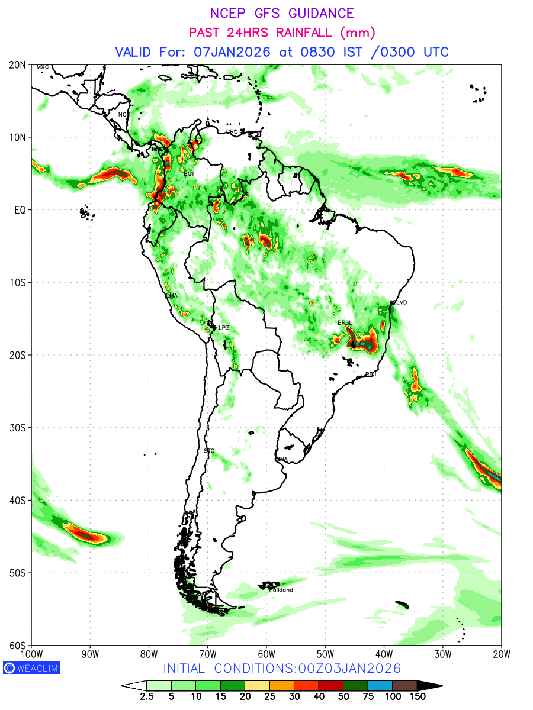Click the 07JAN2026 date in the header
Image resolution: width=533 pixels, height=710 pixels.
pyautogui.click(x=232, y=51)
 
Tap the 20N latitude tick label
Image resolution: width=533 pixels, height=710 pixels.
pyautogui.click(x=17, y=64)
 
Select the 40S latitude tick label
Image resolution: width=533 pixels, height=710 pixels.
pyautogui.click(x=17, y=500)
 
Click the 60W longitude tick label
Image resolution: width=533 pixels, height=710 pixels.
pyautogui.click(x=266, y=654)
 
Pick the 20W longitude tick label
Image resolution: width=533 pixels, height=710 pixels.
pyautogui.click(x=501, y=654)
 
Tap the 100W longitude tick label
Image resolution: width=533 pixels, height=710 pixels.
pyautogui.click(x=31, y=654)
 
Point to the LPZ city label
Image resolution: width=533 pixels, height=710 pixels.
pyautogui.click(x=223, y=328)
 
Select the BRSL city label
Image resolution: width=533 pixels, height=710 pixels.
pyautogui.click(x=345, y=322)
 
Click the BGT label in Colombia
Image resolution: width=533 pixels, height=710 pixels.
pyautogui.click(x=189, y=174)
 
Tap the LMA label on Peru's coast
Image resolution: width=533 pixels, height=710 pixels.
pyautogui.click(x=172, y=296)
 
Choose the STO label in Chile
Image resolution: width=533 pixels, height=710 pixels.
pyautogui.click(x=209, y=451)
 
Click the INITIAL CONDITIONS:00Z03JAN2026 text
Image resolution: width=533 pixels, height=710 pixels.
pyautogui.click(x=282, y=669)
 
